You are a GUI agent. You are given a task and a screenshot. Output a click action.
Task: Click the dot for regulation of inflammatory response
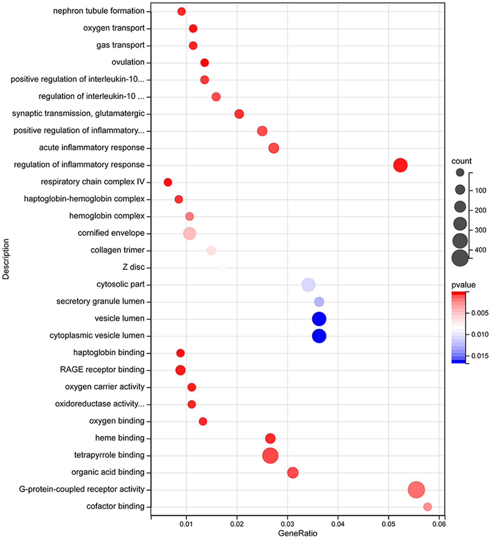coord(400,165)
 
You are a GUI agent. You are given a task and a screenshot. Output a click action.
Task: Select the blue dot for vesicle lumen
coord(319,319)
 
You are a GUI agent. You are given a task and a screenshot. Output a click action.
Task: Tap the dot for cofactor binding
coord(427,507)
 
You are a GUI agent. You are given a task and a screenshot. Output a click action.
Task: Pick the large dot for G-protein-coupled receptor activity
coord(416,490)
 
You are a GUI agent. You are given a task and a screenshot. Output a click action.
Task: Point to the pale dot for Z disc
coord(222,268)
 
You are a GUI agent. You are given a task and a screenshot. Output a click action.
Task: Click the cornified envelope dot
coord(189,234)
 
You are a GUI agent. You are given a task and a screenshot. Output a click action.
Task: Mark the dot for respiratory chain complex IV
coord(168,182)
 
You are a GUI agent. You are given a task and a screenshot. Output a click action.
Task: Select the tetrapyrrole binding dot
coord(270,456)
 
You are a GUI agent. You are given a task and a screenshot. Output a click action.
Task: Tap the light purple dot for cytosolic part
coord(308,285)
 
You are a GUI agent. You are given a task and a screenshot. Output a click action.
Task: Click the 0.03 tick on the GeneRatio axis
coord(287,524)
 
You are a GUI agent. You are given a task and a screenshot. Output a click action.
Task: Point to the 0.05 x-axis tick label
coord(388,524)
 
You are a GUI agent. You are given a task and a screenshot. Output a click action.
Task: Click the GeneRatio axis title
coord(297,533)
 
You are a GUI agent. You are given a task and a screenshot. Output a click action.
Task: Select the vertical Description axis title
coord(6,259)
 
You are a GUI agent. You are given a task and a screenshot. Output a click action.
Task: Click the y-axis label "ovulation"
coord(128,62)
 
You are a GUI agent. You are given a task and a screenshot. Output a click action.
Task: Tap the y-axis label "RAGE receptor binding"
coord(102,370)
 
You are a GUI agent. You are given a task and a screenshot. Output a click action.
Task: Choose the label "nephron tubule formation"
coord(99,11)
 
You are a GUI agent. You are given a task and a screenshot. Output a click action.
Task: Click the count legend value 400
coord(480,250)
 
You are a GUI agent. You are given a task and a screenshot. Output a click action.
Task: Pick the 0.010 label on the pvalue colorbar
coord(480,334)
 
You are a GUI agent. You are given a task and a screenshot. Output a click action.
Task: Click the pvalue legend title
coord(463,285)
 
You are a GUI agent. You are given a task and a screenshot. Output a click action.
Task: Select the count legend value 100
coord(480,191)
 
